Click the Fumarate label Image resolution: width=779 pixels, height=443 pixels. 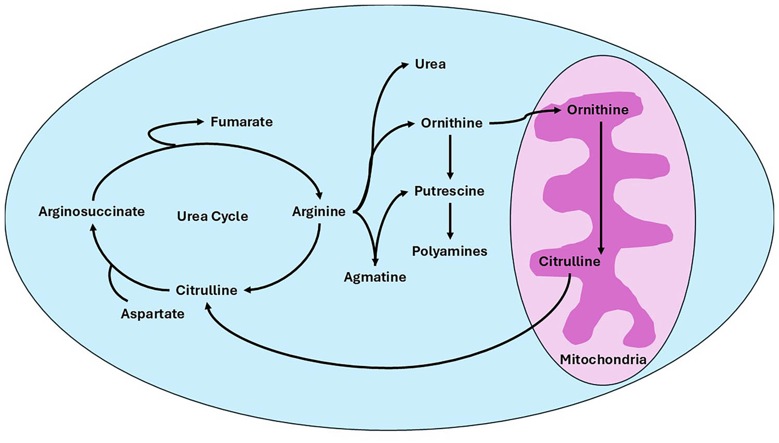(x=241, y=122)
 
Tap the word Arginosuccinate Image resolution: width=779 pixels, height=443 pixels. (x=91, y=212)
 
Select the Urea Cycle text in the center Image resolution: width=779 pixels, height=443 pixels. (x=212, y=216)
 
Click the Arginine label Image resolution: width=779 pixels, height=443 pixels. (x=318, y=212)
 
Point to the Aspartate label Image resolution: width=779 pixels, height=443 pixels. (x=153, y=314)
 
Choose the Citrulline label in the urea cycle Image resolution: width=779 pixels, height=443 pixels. (x=206, y=290)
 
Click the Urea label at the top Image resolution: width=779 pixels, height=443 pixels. (x=430, y=64)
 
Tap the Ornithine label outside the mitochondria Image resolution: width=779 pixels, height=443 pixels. (x=451, y=123)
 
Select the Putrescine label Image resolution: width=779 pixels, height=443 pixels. (x=449, y=191)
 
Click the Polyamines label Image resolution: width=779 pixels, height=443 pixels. (x=450, y=252)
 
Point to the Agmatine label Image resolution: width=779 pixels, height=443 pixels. (x=375, y=277)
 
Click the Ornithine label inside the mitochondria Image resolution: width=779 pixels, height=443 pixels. (x=597, y=110)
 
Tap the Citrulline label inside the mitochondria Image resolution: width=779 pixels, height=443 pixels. (x=569, y=262)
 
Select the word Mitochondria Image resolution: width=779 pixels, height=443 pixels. (x=603, y=359)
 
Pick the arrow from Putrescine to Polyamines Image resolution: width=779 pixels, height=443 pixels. (x=450, y=221)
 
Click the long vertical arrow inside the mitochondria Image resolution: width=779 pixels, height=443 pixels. (x=601, y=187)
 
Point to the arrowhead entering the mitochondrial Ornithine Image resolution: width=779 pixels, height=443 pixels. (x=557, y=110)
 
